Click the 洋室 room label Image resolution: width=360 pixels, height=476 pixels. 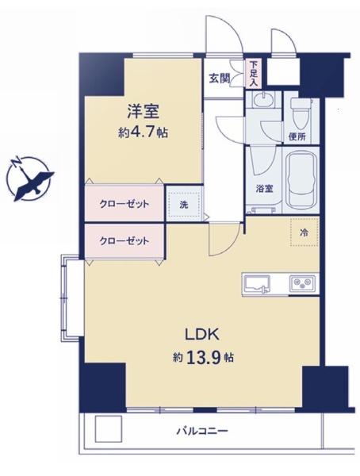click(x=143, y=111)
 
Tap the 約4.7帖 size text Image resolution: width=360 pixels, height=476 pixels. click(x=143, y=132)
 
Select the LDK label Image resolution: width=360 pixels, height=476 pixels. click(x=202, y=334)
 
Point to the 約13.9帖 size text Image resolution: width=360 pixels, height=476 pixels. click(x=203, y=358)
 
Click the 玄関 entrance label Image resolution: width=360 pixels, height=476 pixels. click(x=219, y=79)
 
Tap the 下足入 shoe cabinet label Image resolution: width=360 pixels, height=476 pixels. click(x=253, y=74)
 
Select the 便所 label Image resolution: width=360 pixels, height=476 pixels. click(x=297, y=137)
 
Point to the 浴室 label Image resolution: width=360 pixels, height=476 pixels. click(x=264, y=189)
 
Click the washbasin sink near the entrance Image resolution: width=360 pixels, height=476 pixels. click(x=263, y=99)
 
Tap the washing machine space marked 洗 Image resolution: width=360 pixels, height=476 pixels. click(x=184, y=205)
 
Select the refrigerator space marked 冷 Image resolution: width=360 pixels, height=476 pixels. click(x=304, y=232)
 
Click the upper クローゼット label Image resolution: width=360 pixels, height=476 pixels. click(x=124, y=204)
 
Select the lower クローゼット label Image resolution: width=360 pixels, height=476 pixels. click(x=124, y=241)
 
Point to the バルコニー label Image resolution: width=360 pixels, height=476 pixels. click(x=202, y=431)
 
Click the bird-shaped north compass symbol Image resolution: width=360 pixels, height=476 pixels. click(x=29, y=179)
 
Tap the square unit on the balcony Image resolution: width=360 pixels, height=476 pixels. click(x=109, y=428)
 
